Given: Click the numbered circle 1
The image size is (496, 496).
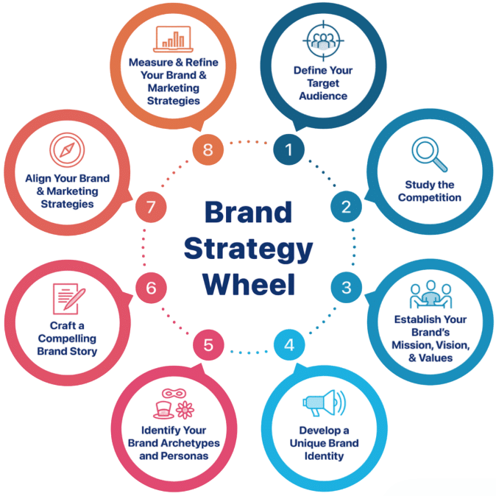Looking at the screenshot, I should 289,149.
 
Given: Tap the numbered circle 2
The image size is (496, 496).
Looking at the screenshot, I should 346,207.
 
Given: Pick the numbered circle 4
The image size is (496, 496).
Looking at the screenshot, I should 289,344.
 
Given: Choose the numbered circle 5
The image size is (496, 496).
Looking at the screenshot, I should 208,344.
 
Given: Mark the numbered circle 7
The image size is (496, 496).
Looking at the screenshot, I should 151,207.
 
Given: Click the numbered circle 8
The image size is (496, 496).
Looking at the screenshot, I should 208,149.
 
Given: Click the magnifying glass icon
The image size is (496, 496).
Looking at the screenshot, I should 428,154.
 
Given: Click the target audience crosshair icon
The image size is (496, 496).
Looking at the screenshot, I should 322,40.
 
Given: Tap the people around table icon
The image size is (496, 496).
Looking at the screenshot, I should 430,294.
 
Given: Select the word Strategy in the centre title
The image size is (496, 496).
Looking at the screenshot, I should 248,248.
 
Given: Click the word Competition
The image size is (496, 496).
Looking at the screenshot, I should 430,197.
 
